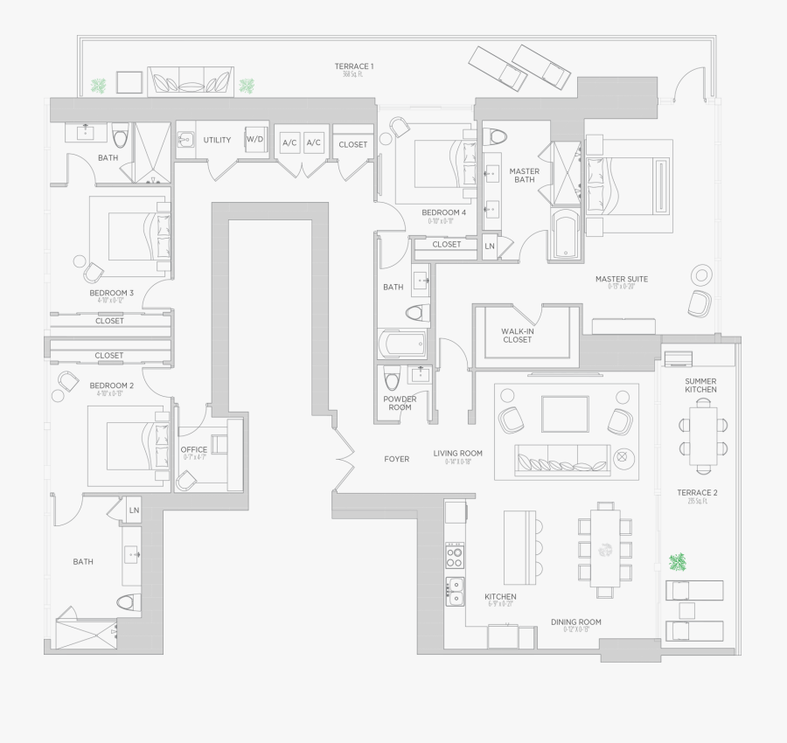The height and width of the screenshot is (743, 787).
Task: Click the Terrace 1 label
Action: click(354, 66)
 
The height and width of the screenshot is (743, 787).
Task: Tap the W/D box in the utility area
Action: click(254, 140)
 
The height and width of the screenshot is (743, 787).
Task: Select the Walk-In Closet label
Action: click(517, 336)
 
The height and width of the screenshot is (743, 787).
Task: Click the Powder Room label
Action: click(400, 403)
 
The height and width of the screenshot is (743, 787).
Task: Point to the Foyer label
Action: click(396, 459)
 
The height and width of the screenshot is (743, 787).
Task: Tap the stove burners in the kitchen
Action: click(455, 553)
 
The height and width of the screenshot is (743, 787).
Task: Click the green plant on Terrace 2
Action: click(677, 561)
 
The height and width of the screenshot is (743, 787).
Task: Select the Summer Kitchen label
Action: click(700, 385)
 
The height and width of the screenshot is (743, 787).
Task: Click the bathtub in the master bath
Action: click(567, 234)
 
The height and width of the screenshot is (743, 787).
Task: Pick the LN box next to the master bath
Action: click(490, 247)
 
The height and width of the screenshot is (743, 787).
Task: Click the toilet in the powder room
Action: click(391, 378)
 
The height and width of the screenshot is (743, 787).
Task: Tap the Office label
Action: click(194, 450)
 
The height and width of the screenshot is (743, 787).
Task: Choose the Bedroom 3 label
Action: click(111, 293)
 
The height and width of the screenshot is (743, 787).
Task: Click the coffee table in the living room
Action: click(565, 413)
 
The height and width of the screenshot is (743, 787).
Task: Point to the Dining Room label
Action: click(575, 622)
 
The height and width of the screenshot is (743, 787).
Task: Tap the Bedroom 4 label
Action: click(443, 212)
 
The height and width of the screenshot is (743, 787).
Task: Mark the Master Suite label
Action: click(621, 280)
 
